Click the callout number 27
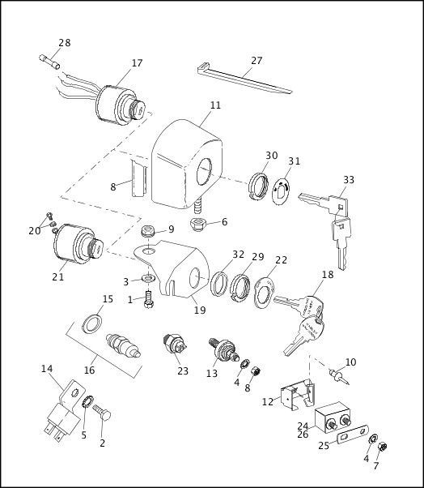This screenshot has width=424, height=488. (x=257, y=60)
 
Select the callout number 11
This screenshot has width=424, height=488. (x=215, y=105)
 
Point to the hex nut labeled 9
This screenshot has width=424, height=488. (x=148, y=231)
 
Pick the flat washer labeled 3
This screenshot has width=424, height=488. (x=149, y=277)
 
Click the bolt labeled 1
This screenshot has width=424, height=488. (x=149, y=299)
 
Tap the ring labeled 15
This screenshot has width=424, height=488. (x=92, y=323)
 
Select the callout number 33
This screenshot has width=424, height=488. (x=349, y=180)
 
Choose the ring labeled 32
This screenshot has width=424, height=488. (x=219, y=283)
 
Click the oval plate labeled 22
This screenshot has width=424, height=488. (x=264, y=292)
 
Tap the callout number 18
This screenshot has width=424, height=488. (x=328, y=275)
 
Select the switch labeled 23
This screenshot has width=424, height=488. (x=175, y=345)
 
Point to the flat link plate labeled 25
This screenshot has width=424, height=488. (x=352, y=434)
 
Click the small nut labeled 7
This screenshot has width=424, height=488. (x=382, y=447)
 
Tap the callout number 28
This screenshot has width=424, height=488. (x=64, y=43)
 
